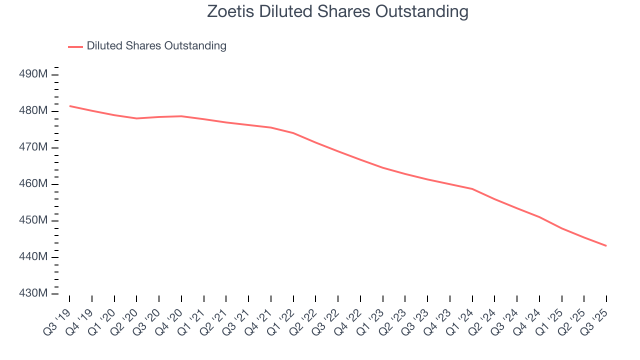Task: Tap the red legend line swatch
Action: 75,46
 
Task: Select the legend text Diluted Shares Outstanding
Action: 156,46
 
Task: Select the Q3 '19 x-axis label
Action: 58,315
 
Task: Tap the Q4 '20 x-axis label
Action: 170,315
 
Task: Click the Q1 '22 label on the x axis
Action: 282,315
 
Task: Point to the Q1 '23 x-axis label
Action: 371,315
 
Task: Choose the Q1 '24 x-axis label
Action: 461,315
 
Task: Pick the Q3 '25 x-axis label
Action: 595,315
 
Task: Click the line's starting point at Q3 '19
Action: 69,106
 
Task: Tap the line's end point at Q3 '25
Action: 606,245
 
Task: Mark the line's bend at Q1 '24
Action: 472,189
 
